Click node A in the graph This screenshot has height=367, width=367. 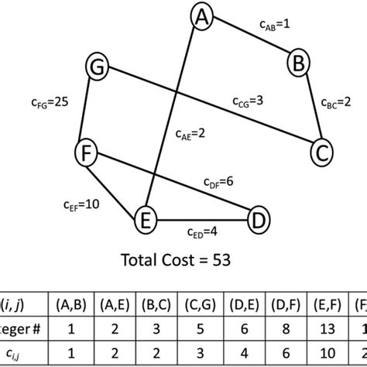pyautogui.click(x=203, y=16)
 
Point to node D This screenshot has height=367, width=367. pyautogui.click(x=259, y=221)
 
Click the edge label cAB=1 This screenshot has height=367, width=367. pyautogui.click(x=275, y=26)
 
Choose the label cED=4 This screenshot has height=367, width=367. pyautogui.click(x=203, y=232)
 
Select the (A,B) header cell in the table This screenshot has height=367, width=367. pyautogui.click(x=70, y=294)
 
